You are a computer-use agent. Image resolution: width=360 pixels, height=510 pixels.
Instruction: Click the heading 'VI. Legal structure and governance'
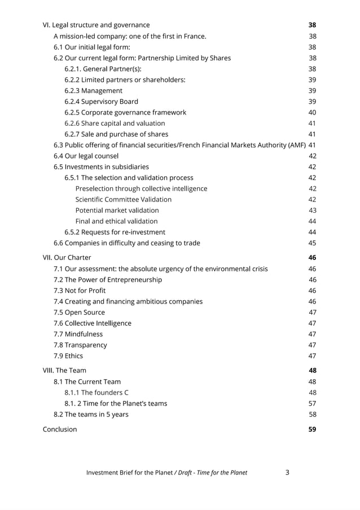point(96,25)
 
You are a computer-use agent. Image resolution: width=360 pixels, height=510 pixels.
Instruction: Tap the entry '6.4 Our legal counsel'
point(86,156)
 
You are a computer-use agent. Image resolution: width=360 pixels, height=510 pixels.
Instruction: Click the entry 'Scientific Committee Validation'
point(124,199)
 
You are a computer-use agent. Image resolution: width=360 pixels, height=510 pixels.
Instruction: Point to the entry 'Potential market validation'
point(117,210)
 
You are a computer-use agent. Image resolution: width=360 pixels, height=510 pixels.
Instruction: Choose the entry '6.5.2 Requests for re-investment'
point(115,232)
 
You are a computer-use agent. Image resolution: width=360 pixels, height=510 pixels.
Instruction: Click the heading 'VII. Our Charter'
point(67,257)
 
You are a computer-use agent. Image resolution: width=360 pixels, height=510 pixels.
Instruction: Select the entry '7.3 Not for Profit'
point(80,291)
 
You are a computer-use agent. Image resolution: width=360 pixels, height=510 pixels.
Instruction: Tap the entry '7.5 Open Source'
point(79,312)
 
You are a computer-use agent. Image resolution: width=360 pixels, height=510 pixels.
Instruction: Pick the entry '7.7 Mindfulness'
point(78,334)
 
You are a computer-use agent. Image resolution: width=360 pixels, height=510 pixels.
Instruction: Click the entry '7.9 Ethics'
point(68,355)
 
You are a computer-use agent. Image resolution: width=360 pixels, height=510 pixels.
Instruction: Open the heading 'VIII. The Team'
point(65,371)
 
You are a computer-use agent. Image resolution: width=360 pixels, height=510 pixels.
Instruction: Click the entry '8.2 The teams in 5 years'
point(91,414)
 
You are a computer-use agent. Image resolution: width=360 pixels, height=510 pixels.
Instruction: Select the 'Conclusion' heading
point(60,429)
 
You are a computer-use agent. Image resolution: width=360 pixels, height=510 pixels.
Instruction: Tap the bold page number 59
point(312,429)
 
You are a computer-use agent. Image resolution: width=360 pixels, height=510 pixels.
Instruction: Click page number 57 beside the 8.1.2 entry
point(312,403)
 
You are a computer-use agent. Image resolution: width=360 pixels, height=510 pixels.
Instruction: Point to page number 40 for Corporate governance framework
point(312,112)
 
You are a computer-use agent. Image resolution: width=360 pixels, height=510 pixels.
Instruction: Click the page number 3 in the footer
point(287,472)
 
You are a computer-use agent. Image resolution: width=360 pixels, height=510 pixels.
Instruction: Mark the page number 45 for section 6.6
point(312,243)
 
